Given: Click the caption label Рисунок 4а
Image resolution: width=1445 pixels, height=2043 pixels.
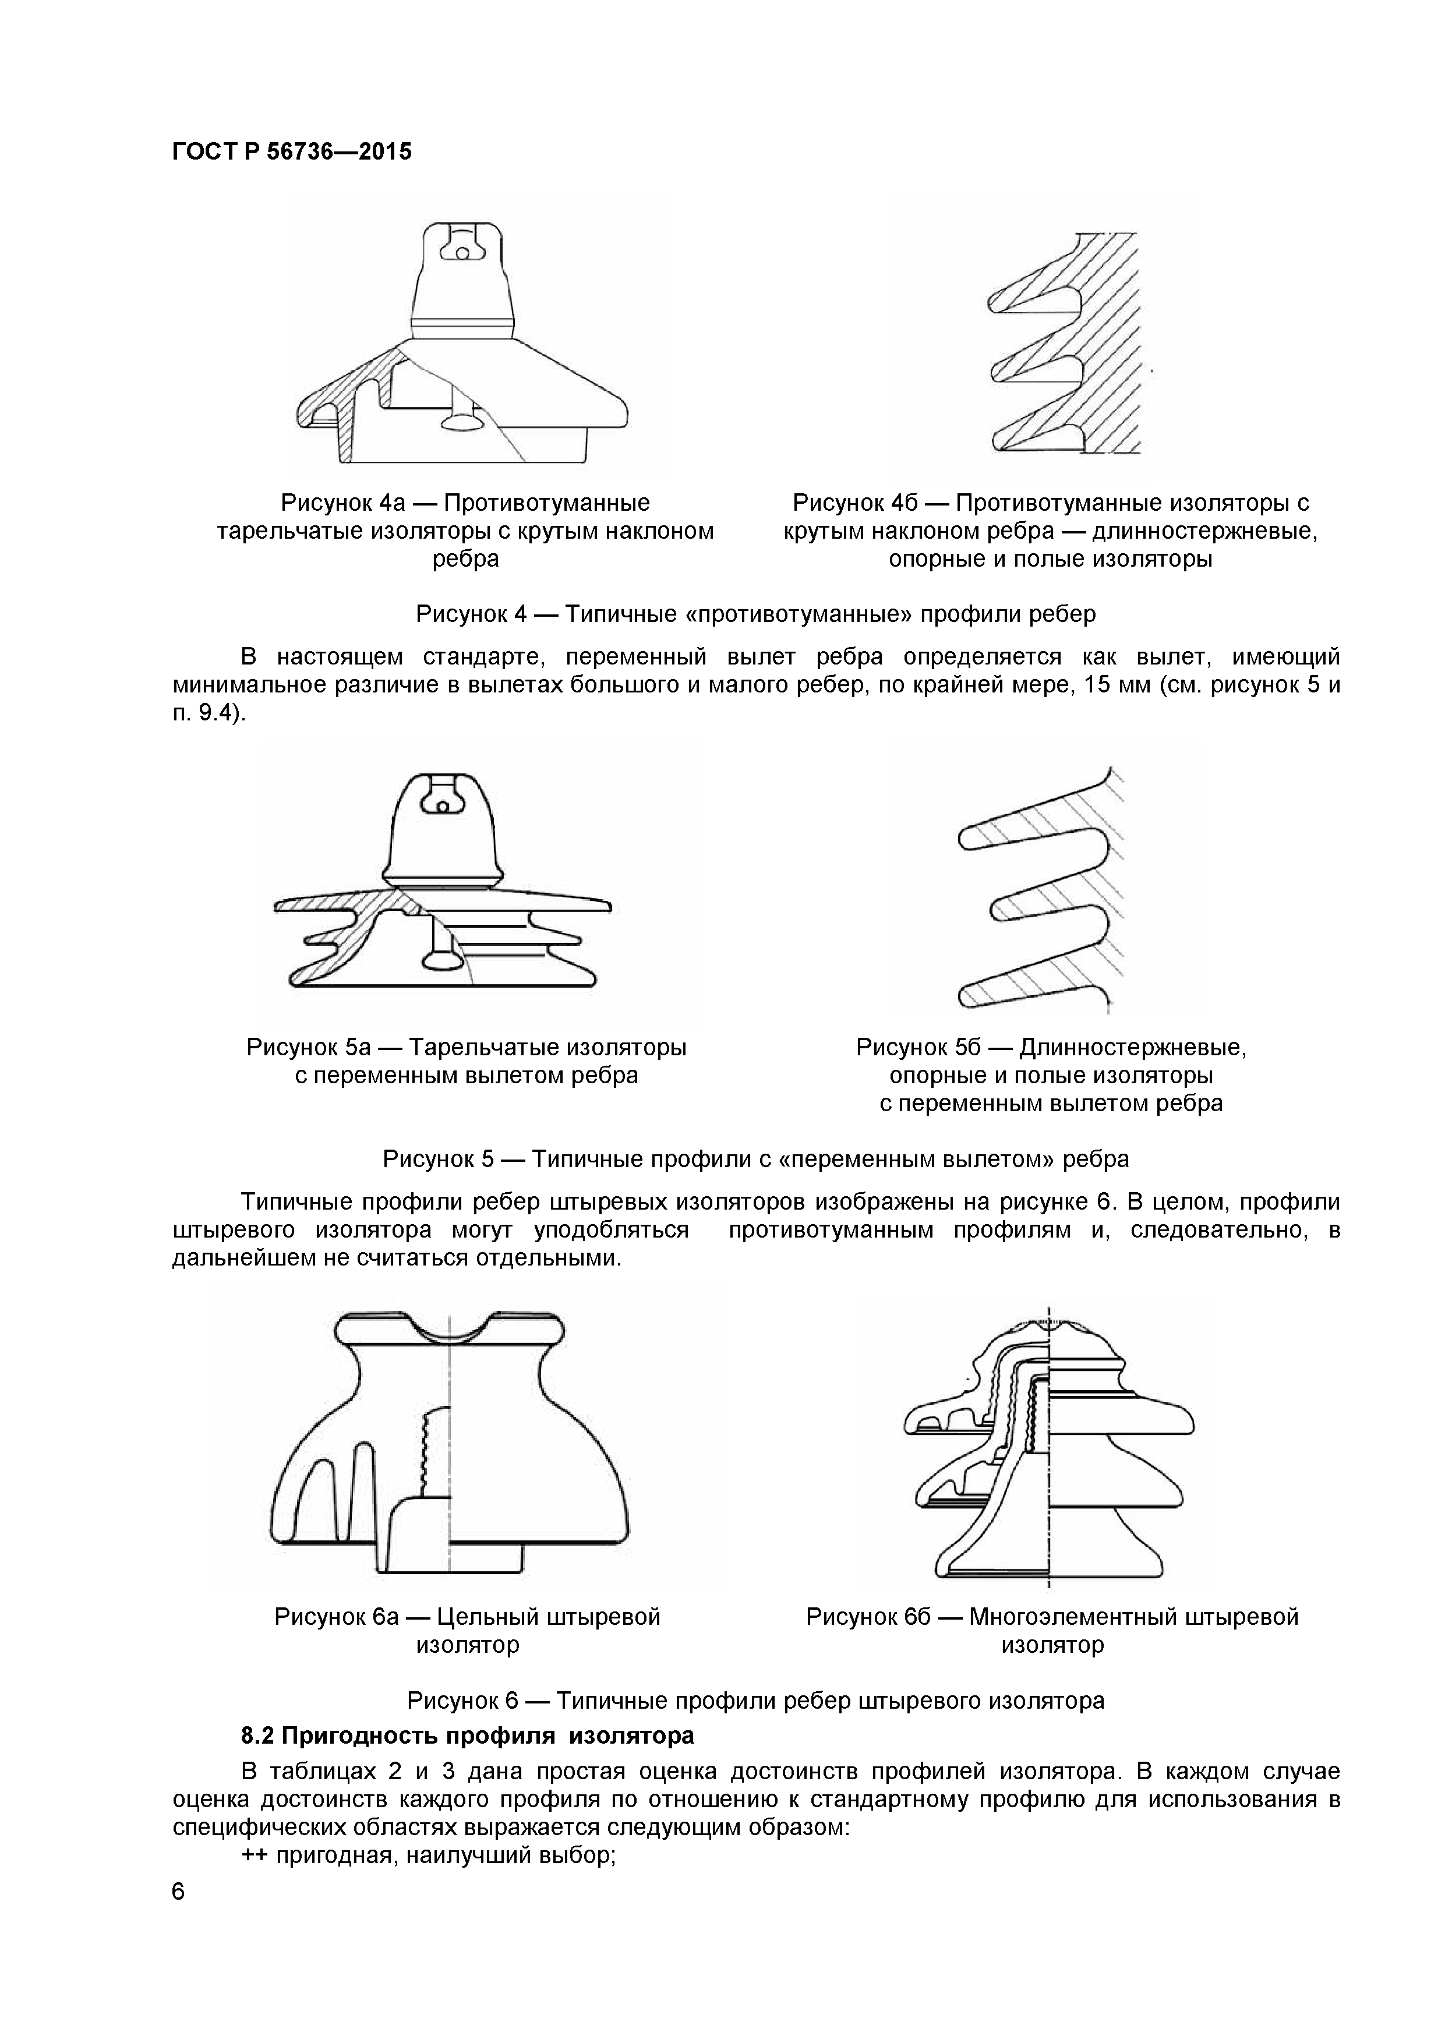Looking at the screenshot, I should point(342,503).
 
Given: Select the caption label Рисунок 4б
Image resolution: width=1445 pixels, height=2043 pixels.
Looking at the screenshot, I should point(854,503).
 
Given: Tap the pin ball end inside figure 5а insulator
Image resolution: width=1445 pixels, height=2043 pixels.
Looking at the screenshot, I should point(442,959).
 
